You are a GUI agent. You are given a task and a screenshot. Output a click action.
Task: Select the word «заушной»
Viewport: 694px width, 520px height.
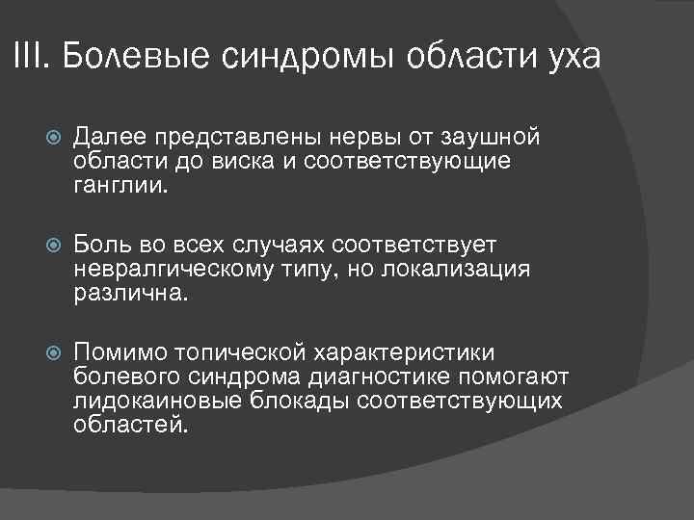tap(499, 138)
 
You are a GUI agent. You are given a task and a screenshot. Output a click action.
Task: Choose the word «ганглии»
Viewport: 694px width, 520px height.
tap(120, 184)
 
